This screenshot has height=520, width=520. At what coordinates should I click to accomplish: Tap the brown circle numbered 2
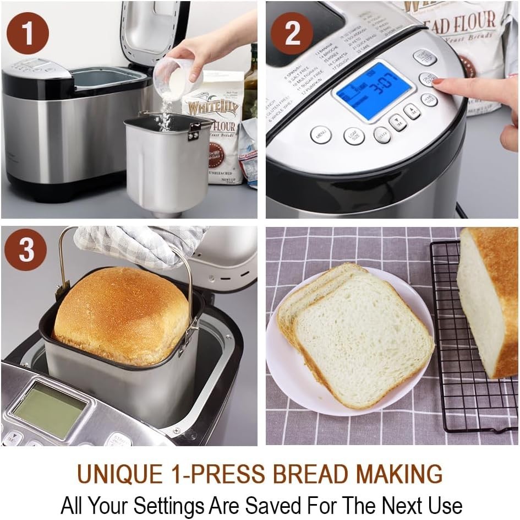coord(292,34)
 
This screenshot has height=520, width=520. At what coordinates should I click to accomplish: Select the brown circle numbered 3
coord(26,251)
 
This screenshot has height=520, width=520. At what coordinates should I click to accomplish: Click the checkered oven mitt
coord(138,242)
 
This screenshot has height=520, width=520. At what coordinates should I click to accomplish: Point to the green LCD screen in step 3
coord(50,408)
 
